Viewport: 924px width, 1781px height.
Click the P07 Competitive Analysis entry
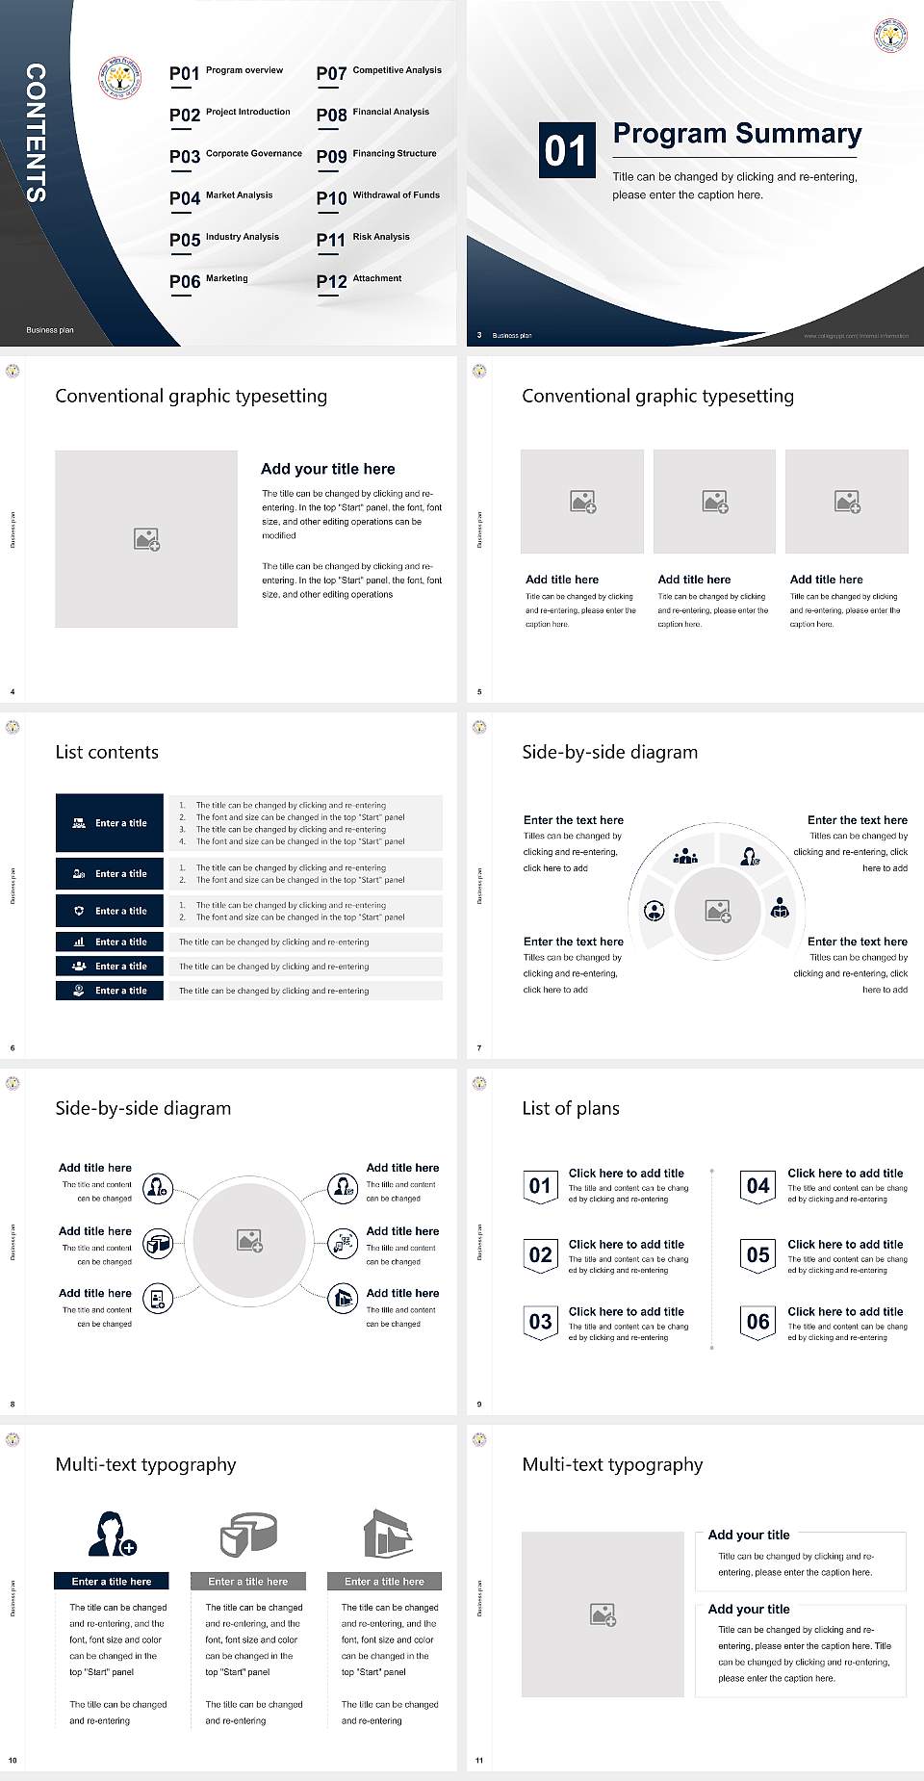click(x=379, y=72)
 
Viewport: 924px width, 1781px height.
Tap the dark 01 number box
click(x=567, y=150)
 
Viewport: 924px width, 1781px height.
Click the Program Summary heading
click(x=736, y=133)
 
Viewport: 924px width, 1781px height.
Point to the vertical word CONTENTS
click(x=36, y=133)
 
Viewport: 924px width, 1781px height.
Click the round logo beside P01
click(x=120, y=77)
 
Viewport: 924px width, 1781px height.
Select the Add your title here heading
click(x=327, y=469)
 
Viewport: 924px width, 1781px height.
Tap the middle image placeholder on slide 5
click(x=714, y=502)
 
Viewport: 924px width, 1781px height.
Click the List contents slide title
click(x=107, y=752)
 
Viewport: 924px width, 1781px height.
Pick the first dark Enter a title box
click(x=110, y=823)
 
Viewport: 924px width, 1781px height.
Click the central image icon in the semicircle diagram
click(x=718, y=911)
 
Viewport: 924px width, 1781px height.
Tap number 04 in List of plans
click(x=758, y=1186)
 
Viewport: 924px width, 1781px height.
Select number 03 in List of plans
click(x=540, y=1322)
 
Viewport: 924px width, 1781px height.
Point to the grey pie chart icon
click(x=248, y=1534)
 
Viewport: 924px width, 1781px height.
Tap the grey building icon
click(x=387, y=1534)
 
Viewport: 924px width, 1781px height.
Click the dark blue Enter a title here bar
click(x=112, y=1581)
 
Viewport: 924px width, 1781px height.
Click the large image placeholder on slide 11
click(x=603, y=1614)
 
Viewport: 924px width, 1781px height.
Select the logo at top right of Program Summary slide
click(x=890, y=35)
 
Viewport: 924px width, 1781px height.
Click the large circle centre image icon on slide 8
click(x=250, y=1241)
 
